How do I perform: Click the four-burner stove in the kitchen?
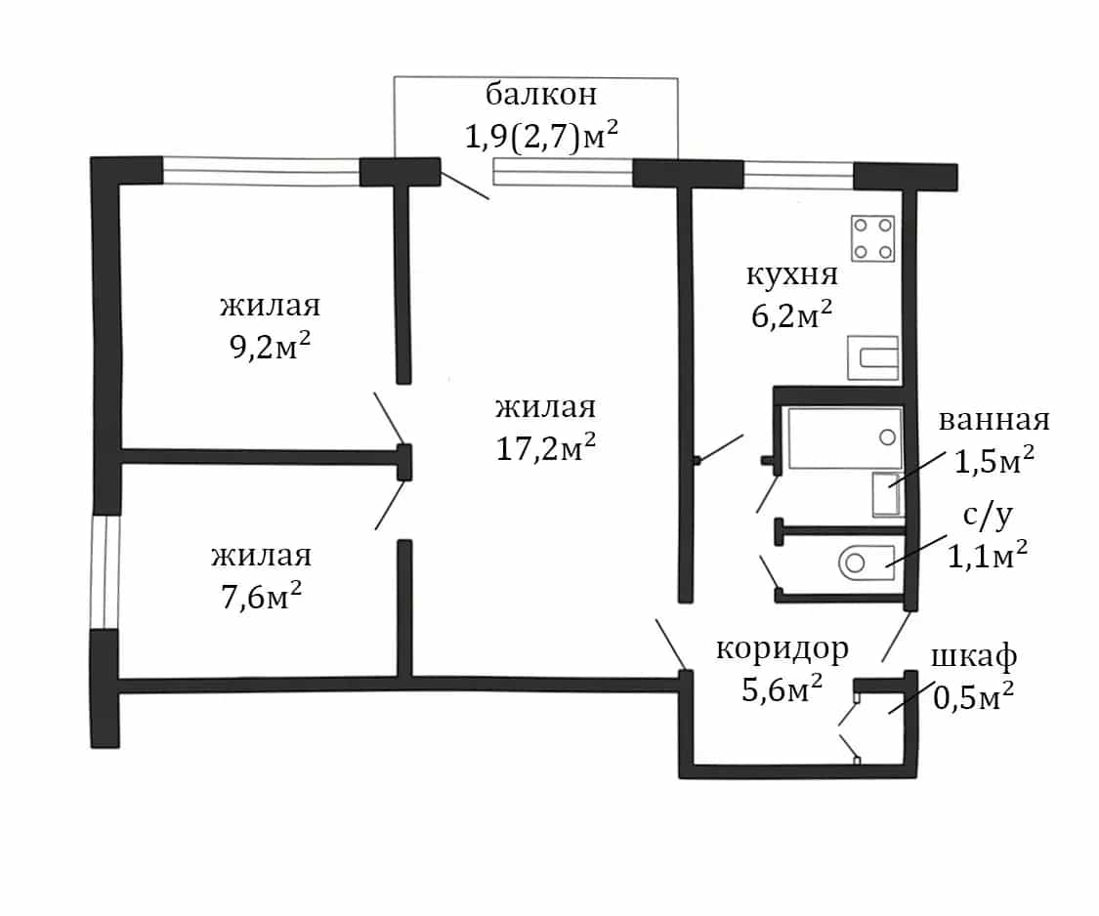872,238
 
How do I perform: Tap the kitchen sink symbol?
872,358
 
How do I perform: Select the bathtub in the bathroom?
845,438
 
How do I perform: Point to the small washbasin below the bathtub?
886,494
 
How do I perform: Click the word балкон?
541,94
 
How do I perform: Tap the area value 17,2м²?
546,448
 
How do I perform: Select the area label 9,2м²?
270,347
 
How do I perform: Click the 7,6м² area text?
262,597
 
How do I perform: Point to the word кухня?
792,274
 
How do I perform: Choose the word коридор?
782,650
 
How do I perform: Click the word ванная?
993,420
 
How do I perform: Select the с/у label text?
988,516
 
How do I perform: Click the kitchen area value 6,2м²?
792,315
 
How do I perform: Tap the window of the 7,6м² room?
105,572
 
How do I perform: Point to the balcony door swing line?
465,185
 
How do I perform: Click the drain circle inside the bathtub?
887,437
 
